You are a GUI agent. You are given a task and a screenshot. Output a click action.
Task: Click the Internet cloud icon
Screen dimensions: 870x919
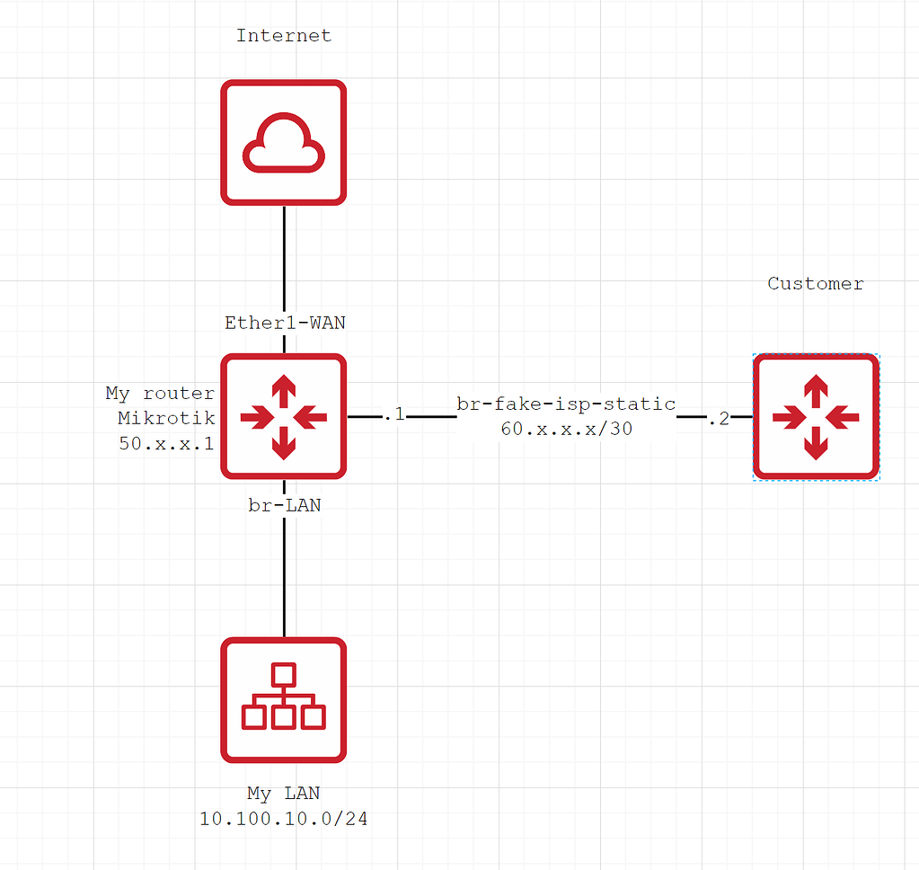tap(284, 142)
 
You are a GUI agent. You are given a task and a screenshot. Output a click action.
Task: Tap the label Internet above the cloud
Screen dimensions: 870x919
tap(284, 36)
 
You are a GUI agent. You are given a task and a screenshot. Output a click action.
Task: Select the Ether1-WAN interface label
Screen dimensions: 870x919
tap(284, 323)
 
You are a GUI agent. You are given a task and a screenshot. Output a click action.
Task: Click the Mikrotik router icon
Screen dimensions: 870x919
tap(284, 416)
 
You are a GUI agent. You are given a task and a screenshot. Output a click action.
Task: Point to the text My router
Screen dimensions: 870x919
tap(160, 394)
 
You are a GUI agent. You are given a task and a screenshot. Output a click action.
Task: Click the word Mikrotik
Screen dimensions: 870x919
tap(166, 418)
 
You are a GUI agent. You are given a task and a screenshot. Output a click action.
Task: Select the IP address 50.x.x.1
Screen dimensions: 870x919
tap(166, 442)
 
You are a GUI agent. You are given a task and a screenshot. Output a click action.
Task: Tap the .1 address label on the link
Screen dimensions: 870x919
tap(393, 416)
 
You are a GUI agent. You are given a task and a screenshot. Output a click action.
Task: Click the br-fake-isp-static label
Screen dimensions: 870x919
tap(566, 404)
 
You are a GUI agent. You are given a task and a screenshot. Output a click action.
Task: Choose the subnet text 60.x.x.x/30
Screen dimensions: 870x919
tap(566, 430)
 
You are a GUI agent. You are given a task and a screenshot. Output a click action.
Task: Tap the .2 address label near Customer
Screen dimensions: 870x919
tap(718, 418)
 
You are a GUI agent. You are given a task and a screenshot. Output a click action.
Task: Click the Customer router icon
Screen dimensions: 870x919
tap(816, 416)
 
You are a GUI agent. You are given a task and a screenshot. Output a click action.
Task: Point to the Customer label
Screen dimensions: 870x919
tap(815, 284)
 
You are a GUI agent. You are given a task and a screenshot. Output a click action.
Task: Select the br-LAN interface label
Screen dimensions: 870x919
tap(284, 506)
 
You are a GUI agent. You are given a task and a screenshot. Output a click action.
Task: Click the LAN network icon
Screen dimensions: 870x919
tap(284, 700)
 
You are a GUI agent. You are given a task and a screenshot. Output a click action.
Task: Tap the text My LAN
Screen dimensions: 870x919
tap(284, 794)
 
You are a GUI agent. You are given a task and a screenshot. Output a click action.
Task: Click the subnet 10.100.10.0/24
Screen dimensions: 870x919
tap(284, 819)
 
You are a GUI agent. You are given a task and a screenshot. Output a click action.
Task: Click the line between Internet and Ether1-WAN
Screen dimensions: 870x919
tap(284, 256)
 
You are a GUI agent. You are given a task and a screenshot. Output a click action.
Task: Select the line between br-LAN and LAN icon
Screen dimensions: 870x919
tap(284, 575)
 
